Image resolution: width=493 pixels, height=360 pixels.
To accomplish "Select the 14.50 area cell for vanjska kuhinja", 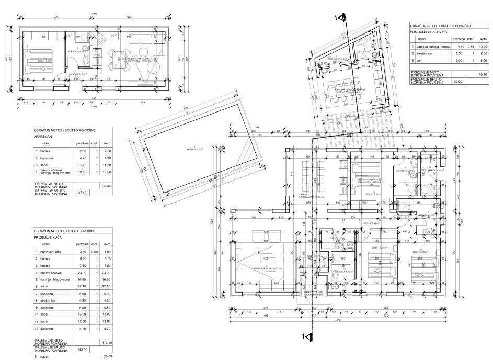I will [455, 47].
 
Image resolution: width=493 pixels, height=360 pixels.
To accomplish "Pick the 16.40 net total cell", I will [483, 75].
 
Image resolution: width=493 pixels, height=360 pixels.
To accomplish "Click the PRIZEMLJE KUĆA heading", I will [49, 237].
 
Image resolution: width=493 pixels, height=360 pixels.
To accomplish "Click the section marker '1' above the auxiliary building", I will [337, 18].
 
